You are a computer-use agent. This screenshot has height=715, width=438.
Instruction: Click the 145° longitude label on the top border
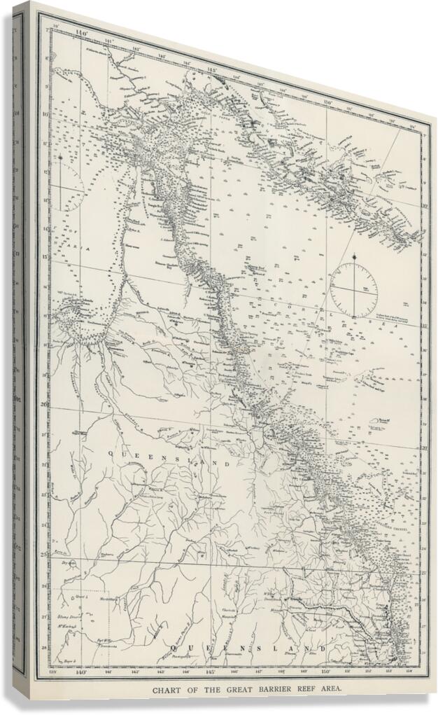(x=211, y=70)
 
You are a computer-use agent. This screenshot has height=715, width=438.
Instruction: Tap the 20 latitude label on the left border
(x=45, y=404)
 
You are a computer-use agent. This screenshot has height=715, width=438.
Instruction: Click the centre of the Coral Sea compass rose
(x=354, y=290)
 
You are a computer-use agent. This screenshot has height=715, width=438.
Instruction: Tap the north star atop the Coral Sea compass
(x=355, y=258)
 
